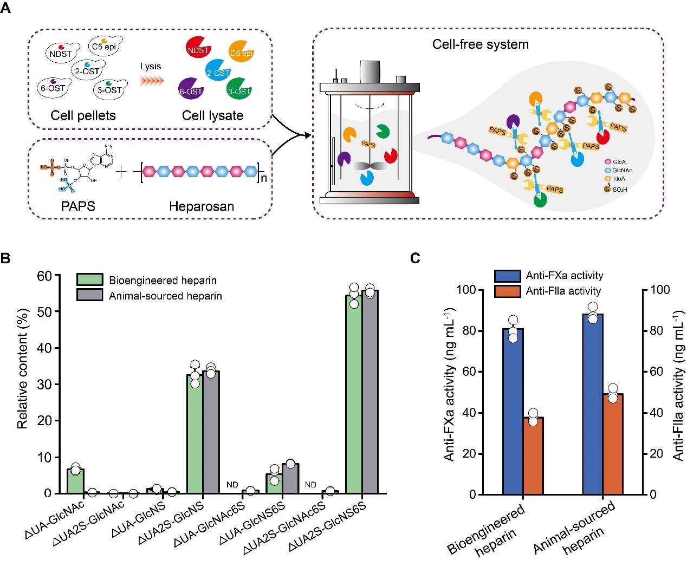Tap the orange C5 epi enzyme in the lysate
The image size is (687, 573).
click(x=241, y=53)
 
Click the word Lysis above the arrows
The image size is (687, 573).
click(x=151, y=67)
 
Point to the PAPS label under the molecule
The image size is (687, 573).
click(x=79, y=206)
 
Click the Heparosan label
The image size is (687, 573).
click(x=202, y=206)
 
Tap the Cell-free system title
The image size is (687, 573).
click(x=480, y=44)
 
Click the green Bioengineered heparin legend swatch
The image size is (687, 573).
click(x=89, y=279)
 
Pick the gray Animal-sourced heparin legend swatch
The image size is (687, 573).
click(x=89, y=295)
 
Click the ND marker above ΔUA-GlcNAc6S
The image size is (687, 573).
click(x=232, y=485)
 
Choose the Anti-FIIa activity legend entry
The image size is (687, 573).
click(x=563, y=291)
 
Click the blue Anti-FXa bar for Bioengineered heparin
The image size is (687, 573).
click(x=513, y=412)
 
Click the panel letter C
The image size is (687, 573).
click(x=415, y=258)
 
